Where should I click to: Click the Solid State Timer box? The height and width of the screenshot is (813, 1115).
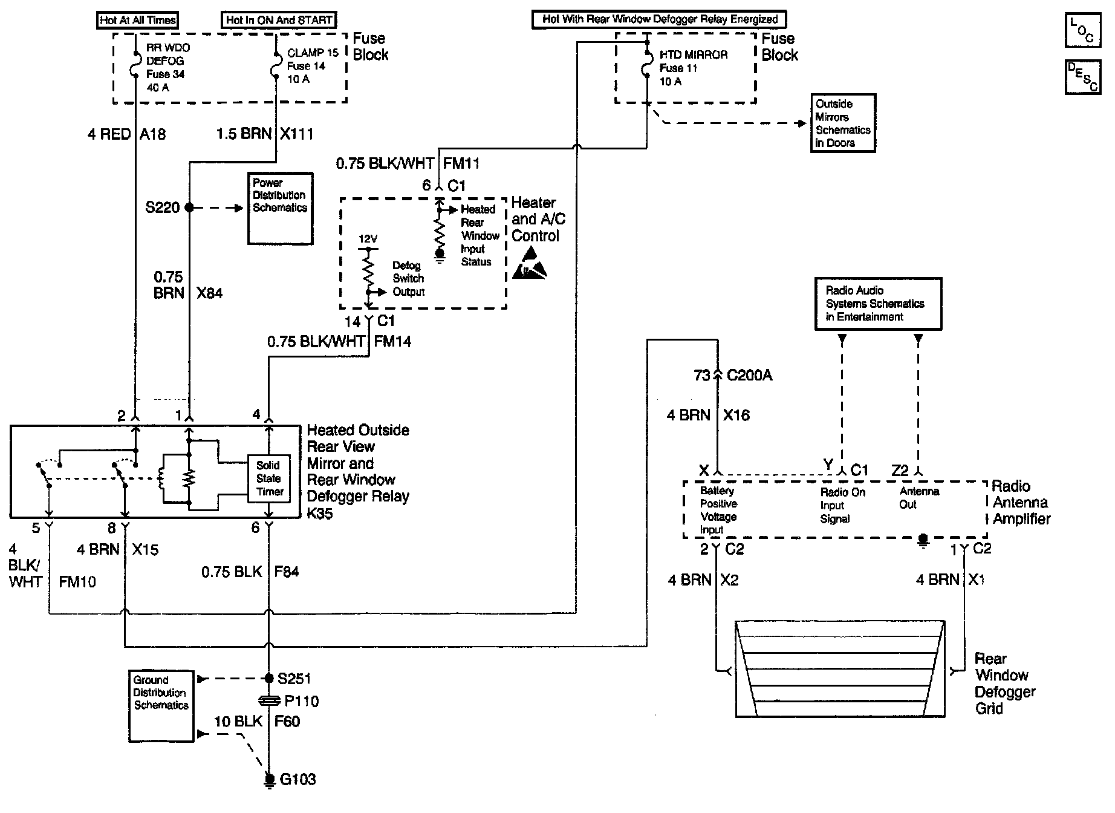point(269,478)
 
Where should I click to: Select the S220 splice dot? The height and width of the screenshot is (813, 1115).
point(189,207)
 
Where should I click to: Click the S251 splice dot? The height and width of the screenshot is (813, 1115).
point(269,679)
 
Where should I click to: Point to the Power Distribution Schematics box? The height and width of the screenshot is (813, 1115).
point(280,208)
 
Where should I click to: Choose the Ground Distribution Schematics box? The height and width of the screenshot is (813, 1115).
point(161,705)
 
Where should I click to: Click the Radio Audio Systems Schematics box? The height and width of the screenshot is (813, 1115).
point(878,304)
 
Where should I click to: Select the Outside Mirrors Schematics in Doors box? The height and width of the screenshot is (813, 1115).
point(843,123)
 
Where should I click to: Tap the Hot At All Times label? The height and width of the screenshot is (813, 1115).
point(138,20)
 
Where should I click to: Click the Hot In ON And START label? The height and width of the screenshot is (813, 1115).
point(279,20)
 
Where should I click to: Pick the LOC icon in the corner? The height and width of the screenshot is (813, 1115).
point(1083,30)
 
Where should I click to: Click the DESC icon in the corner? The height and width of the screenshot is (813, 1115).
point(1083,77)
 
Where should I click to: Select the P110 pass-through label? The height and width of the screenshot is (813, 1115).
point(301,701)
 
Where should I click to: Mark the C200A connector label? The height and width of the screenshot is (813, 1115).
point(749,376)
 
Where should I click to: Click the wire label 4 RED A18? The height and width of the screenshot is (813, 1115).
point(126,134)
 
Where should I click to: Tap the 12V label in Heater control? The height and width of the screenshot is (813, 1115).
point(368,240)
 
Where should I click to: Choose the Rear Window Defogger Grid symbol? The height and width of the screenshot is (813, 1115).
point(840,668)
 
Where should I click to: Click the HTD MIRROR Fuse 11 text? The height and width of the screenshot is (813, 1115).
point(694,68)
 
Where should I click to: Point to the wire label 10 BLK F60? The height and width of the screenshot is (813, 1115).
point(256,722)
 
